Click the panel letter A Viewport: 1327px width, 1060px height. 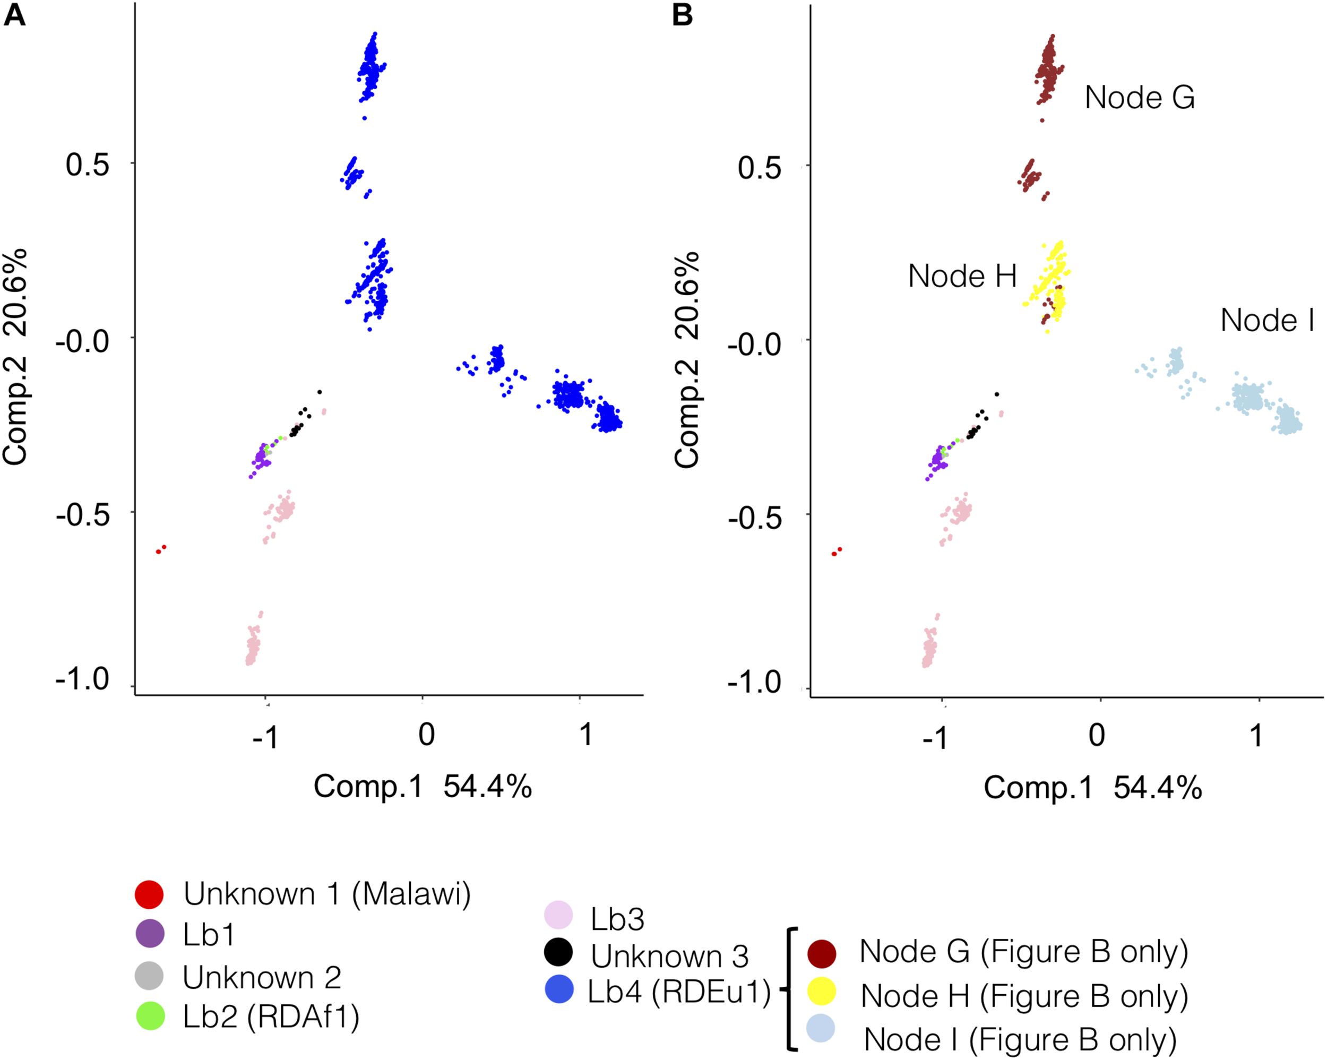pos(15,15)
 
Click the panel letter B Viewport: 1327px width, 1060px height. pos(683,15)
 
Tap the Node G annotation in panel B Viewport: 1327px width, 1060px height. pos(1139,97)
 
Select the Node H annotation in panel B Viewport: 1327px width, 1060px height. pos(962,276)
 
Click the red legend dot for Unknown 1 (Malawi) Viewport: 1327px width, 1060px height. pos(149,894)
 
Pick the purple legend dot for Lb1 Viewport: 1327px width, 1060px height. pos(150,934)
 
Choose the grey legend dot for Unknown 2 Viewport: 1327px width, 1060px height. pos(149,976)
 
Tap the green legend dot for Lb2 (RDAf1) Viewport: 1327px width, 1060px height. pos(150,1016)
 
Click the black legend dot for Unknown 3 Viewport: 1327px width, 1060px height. pos(558,952)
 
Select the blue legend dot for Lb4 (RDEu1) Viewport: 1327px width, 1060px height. pos(559,989)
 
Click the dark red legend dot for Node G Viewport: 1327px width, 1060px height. pos(821,953)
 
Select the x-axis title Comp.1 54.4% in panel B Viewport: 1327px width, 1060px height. pos(1092,787)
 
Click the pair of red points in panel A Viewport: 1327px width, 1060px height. pos(161,549)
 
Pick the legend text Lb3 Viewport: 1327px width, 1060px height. pos(617,919)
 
